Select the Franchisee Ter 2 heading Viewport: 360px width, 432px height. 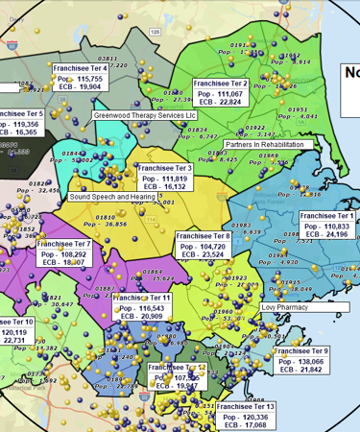[220, 84]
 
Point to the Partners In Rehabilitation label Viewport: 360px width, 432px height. [269, 144]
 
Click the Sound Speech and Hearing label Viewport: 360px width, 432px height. [111, 196]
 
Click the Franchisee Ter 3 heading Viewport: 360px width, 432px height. [164, 168]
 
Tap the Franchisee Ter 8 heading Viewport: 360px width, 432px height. [202, 235]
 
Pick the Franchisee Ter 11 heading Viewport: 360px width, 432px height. [141, 298]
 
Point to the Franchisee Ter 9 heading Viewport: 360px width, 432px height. [300, 351]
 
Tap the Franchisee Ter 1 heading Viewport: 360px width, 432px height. [326, 216]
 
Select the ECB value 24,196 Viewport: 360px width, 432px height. [329, 234]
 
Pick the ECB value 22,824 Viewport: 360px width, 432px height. [223, 102]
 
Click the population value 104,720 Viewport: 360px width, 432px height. [205, 246]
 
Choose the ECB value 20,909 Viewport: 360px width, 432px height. [145, 316]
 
